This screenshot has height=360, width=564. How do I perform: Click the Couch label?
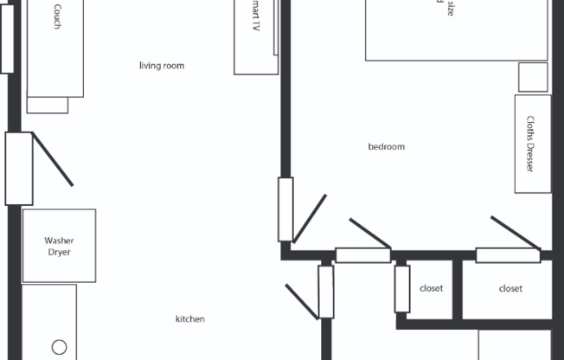57,16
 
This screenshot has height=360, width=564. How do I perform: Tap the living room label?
162,66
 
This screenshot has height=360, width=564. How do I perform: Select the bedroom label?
387,147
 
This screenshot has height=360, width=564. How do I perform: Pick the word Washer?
59,241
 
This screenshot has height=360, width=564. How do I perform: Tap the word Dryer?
59,253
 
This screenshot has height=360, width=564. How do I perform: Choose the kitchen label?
190,319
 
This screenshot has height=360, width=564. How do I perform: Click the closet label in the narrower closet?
431,288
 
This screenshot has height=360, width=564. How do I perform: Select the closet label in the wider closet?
510,288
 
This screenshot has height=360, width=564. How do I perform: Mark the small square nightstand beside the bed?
533,77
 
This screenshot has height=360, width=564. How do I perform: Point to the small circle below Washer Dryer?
59,347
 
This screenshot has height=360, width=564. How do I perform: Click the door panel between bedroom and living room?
285,209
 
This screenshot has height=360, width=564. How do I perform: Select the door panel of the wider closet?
508,255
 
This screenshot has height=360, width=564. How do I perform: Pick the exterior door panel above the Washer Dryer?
18,168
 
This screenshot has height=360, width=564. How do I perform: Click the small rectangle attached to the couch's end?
48,105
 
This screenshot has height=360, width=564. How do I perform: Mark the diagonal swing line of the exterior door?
53,159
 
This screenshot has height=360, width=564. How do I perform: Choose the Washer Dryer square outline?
59,246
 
